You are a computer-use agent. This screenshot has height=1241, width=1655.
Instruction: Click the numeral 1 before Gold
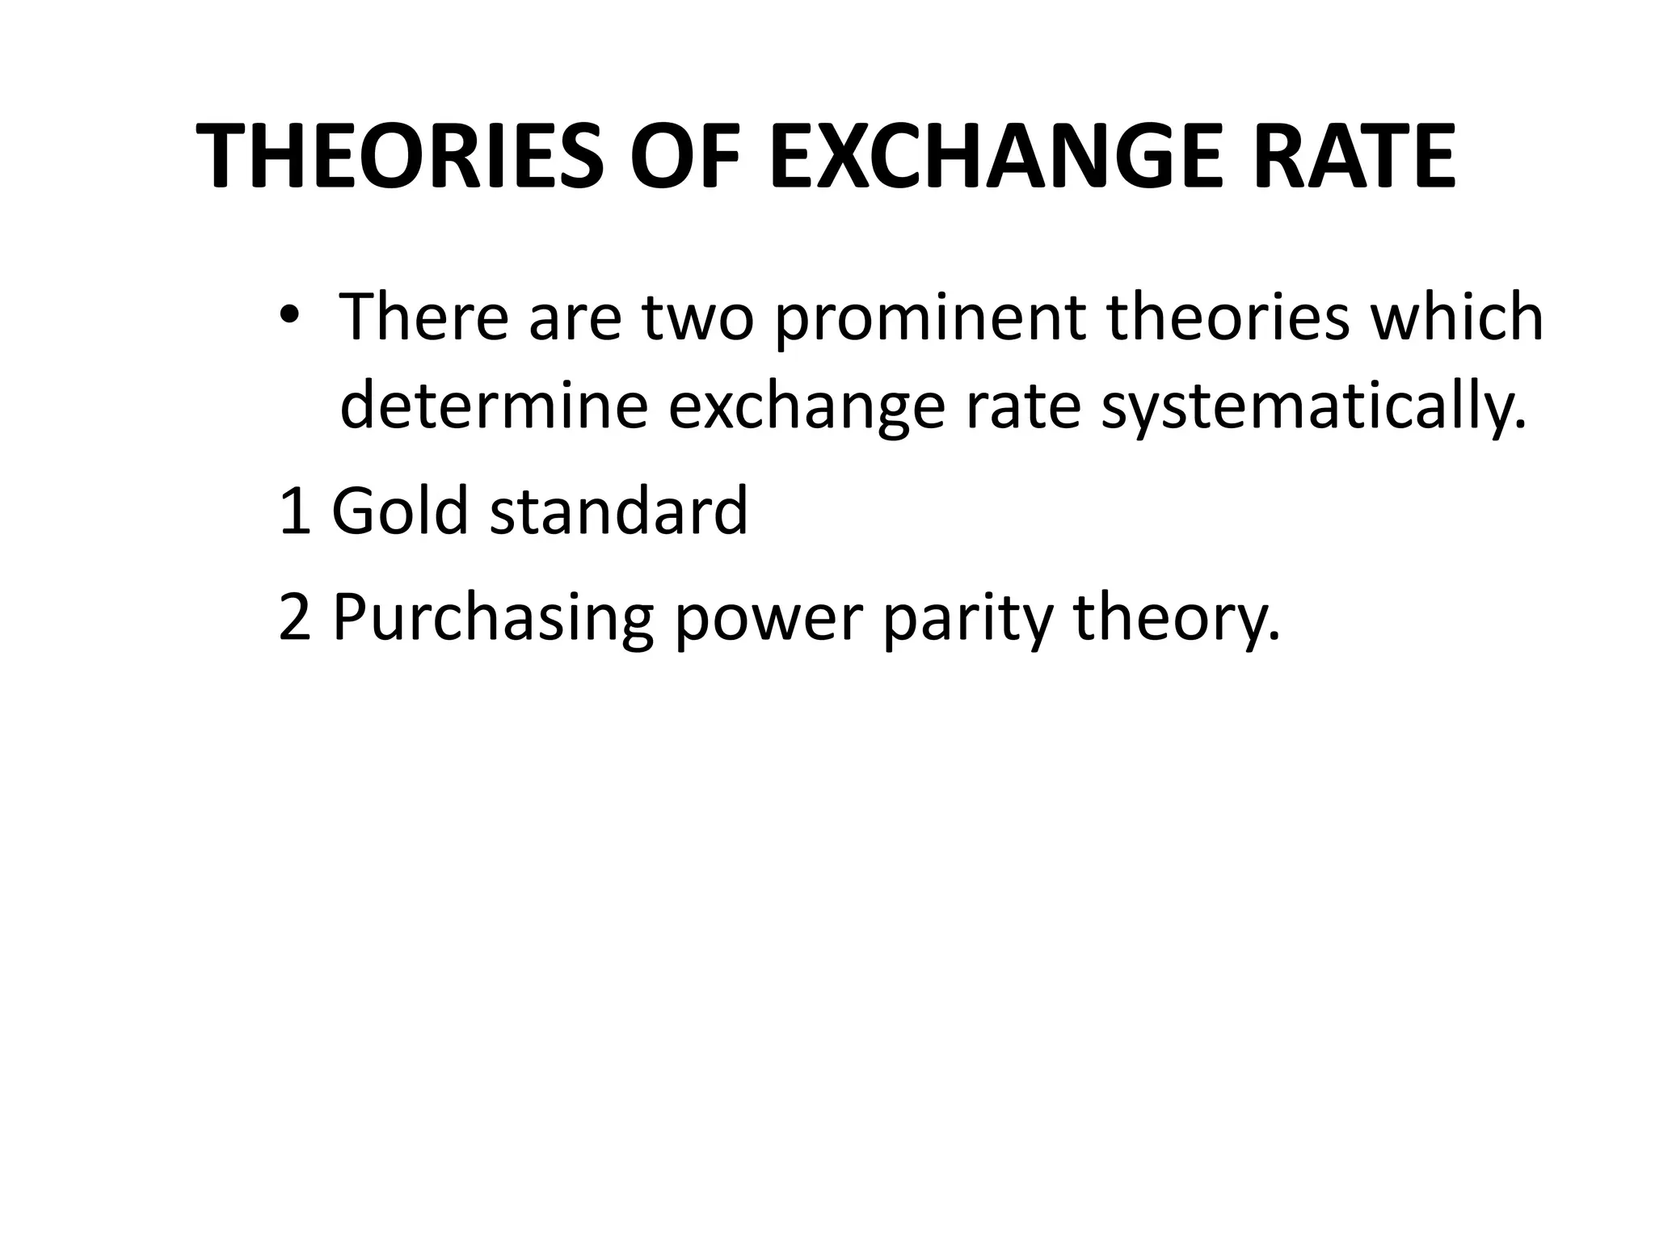(x=294, y=511)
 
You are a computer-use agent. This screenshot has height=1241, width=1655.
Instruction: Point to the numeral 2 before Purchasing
(x=294, y=616)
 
